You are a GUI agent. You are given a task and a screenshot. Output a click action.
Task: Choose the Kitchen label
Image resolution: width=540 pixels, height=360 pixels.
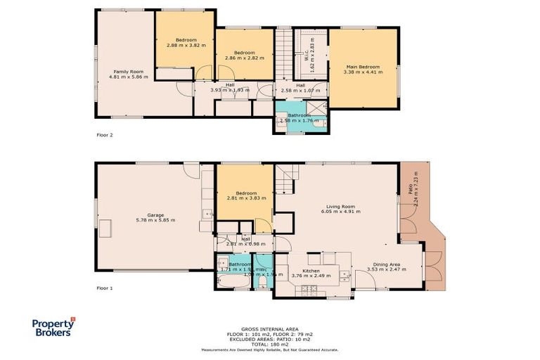tap(311, 271)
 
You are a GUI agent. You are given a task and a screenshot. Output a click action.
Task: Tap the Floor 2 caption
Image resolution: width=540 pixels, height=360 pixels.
tap(104, 134)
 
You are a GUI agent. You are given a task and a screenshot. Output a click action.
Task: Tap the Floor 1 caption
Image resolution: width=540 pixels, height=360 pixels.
tap(104, 288)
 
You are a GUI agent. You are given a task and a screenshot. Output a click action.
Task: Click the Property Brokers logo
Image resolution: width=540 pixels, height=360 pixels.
tap(53, 328)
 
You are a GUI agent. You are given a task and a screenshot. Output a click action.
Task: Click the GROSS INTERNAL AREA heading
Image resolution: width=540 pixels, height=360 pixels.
tap(269, 328)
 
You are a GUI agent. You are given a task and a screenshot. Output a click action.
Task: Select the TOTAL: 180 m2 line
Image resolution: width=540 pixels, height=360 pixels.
tap(269, 344)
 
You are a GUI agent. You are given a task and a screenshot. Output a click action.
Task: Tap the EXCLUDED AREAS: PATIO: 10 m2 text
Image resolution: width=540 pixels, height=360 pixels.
tap(269, 339)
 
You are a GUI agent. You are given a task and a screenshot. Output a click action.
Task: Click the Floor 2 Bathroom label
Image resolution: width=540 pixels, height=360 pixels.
tap(299, 115)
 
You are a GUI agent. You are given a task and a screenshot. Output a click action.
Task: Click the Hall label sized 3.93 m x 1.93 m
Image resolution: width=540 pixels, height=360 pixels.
tap(230, 89)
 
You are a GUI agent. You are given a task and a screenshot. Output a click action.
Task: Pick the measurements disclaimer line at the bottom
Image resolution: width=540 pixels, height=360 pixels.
tap(269, 349)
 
